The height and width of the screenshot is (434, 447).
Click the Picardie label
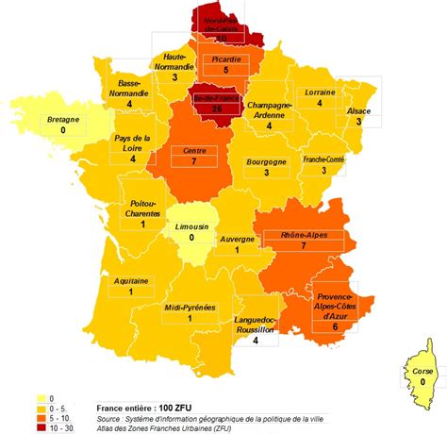click(x=225, y=58)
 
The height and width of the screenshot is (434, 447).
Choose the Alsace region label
click(x=358, y=110)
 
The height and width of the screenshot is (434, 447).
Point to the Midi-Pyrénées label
click(x=189, y=307)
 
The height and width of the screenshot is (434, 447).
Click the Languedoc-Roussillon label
click(x=255, y=325)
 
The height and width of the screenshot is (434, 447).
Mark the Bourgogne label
click(x=267, y=161)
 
